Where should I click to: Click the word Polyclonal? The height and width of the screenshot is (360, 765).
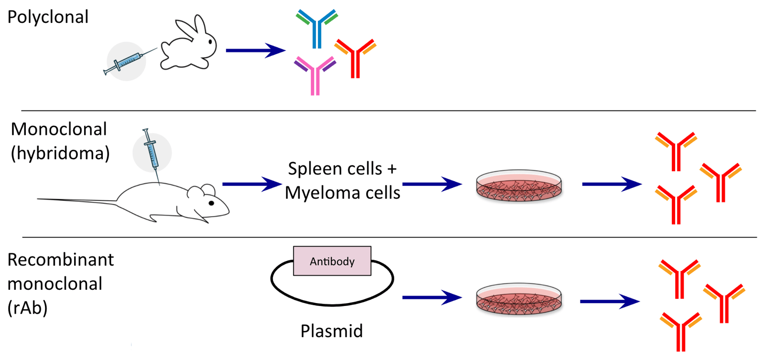(x=48, y=17)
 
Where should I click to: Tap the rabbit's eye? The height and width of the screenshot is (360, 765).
(x=210, y=42)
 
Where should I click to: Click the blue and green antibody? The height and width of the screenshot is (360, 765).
(x=317, y=27)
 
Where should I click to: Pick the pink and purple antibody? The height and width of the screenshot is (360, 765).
(x=315, y=75)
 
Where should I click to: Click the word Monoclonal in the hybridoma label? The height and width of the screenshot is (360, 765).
(x=59, y=129)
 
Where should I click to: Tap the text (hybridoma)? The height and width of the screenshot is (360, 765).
(x=60, y=153)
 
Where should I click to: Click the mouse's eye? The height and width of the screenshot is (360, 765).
(x=212, y=203)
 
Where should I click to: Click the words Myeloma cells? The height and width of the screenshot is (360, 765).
(x=342, y=193)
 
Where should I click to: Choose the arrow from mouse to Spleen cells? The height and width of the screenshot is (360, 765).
(x=251, y=184)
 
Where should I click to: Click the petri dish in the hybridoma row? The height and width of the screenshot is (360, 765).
(x=519, y=185)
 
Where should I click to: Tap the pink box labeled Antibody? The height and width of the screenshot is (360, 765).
(x=332, y=261)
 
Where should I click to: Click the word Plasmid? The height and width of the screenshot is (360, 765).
(x=331, y=331)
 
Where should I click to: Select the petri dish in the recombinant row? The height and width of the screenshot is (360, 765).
(x=519, y=299)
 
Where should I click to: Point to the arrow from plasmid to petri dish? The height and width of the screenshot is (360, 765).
(x=431, y=297)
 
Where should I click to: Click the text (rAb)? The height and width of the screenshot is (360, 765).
(x=27, y=308)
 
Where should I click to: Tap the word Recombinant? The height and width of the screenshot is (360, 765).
(x=61, y=260)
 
